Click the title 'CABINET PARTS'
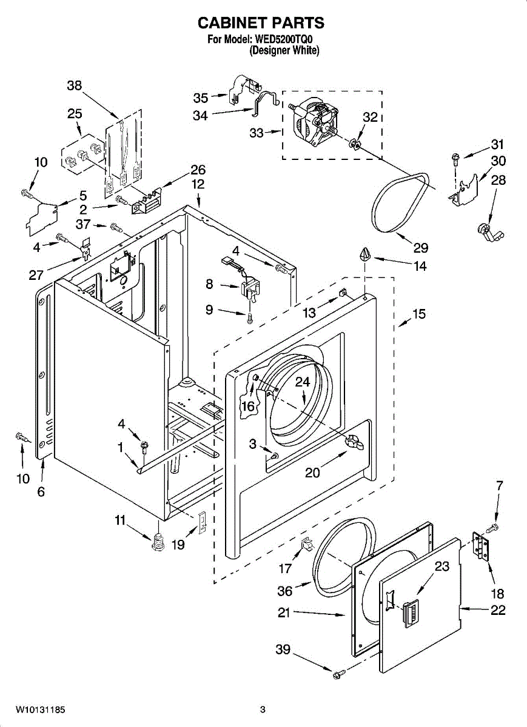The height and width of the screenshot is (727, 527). coord(261,23)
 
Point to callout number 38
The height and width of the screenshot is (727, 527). coord(75,85)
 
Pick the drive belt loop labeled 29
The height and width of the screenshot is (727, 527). coord(400,202)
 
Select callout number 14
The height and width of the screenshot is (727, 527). coord(420,266)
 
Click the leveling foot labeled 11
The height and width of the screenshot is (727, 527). coord(158,543)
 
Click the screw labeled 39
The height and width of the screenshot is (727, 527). coord(338,676)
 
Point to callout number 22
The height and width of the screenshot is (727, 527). coord(498,610)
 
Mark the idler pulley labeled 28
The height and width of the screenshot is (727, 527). coord(490,233)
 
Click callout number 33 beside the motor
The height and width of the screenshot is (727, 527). coord(257,133)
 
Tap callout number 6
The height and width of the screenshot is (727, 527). coord(41,492)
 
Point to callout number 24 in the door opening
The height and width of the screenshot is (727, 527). coord(303,382)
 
